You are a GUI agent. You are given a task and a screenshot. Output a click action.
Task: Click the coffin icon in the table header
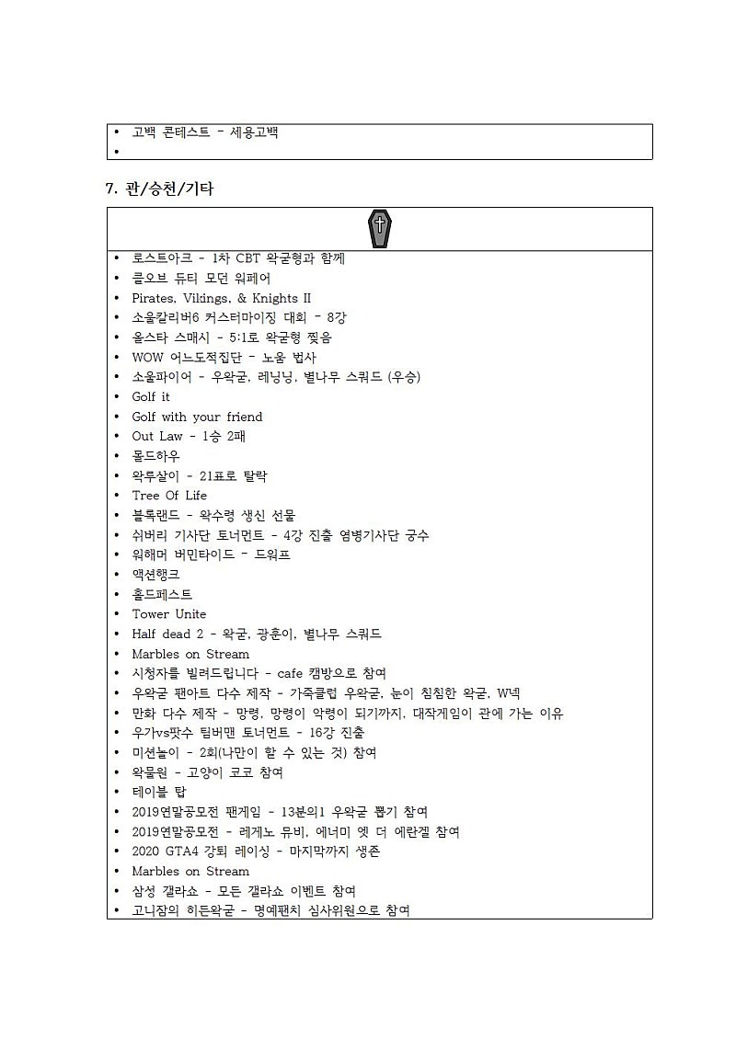[379, 229]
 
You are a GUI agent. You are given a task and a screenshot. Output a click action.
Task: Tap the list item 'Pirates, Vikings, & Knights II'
[221, 298]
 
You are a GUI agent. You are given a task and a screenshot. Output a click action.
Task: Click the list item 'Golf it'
[151, 396]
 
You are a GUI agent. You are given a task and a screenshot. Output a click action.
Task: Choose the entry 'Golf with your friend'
[197, 417]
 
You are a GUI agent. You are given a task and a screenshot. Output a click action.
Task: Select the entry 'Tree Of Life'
[169, 496]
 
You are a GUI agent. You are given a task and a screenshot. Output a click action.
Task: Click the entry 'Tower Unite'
[169, 614]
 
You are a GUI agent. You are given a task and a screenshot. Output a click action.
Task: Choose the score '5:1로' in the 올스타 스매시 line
[232, 337]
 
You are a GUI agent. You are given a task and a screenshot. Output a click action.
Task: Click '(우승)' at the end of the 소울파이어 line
[404, 377]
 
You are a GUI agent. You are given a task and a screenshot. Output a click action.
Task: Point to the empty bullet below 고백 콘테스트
[117, 152]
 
